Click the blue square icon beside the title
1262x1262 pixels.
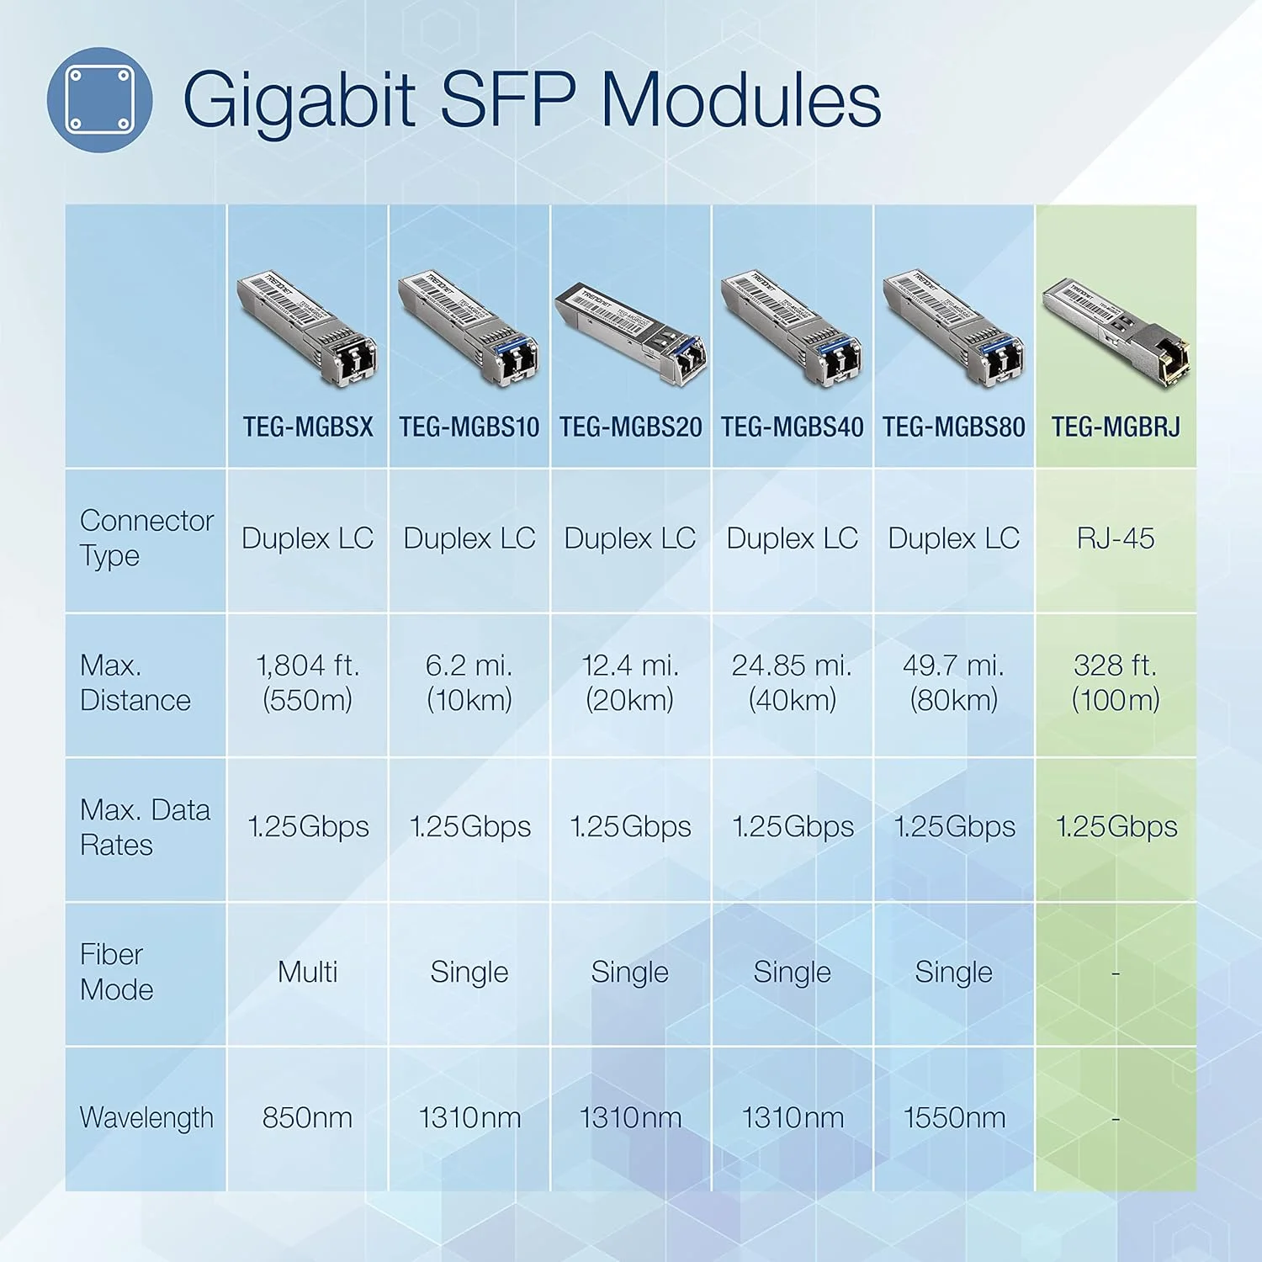[x=99, y=100]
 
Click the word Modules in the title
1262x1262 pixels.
[x=740, y=100]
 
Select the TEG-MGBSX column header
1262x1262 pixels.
[x=308, y=427]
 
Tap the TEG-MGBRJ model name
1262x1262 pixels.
[x=1116, y=427]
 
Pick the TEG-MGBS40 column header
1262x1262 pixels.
[x=792, y=427]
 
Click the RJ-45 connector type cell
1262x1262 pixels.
[x=1116, y=538]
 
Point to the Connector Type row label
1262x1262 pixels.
[x=145, y=538]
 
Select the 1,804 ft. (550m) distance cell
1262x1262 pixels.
[x=308, y=682]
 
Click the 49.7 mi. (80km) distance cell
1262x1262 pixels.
[x=953, y=682]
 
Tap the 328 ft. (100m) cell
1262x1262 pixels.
[x=1116, y=682]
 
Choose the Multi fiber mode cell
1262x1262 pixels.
[x=308, y=973]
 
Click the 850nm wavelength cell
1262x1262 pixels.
[x=308, y=1118]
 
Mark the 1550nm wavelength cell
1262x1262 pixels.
[x=953, y=1118]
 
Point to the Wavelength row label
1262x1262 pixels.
[x=146, y=1118]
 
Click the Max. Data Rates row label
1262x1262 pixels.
[x=145, y=827]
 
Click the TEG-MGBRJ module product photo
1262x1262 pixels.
[x=1116, y=331]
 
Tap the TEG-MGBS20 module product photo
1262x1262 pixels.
[x=631, y=332]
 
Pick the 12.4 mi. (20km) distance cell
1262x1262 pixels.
[x=630, y=682]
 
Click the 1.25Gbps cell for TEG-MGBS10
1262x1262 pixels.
[x=469, y=827]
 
